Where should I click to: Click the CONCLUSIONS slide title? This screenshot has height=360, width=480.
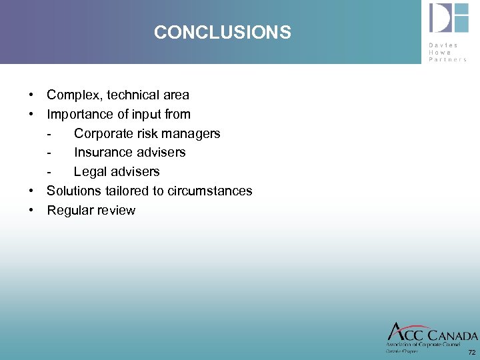(x=222, y=32)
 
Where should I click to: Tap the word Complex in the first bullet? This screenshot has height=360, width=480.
(x=72, y=95)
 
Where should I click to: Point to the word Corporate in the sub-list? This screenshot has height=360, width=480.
(x=102, y=133)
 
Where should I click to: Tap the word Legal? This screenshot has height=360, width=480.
(x=89, y=171)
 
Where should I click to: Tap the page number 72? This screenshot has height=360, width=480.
(x=472, y=352)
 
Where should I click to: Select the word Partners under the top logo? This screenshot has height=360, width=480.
(x=448, y=59)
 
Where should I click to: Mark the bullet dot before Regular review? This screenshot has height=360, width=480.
(x=32, y=210)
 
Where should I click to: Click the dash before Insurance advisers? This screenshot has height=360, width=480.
(x=50, y=153)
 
